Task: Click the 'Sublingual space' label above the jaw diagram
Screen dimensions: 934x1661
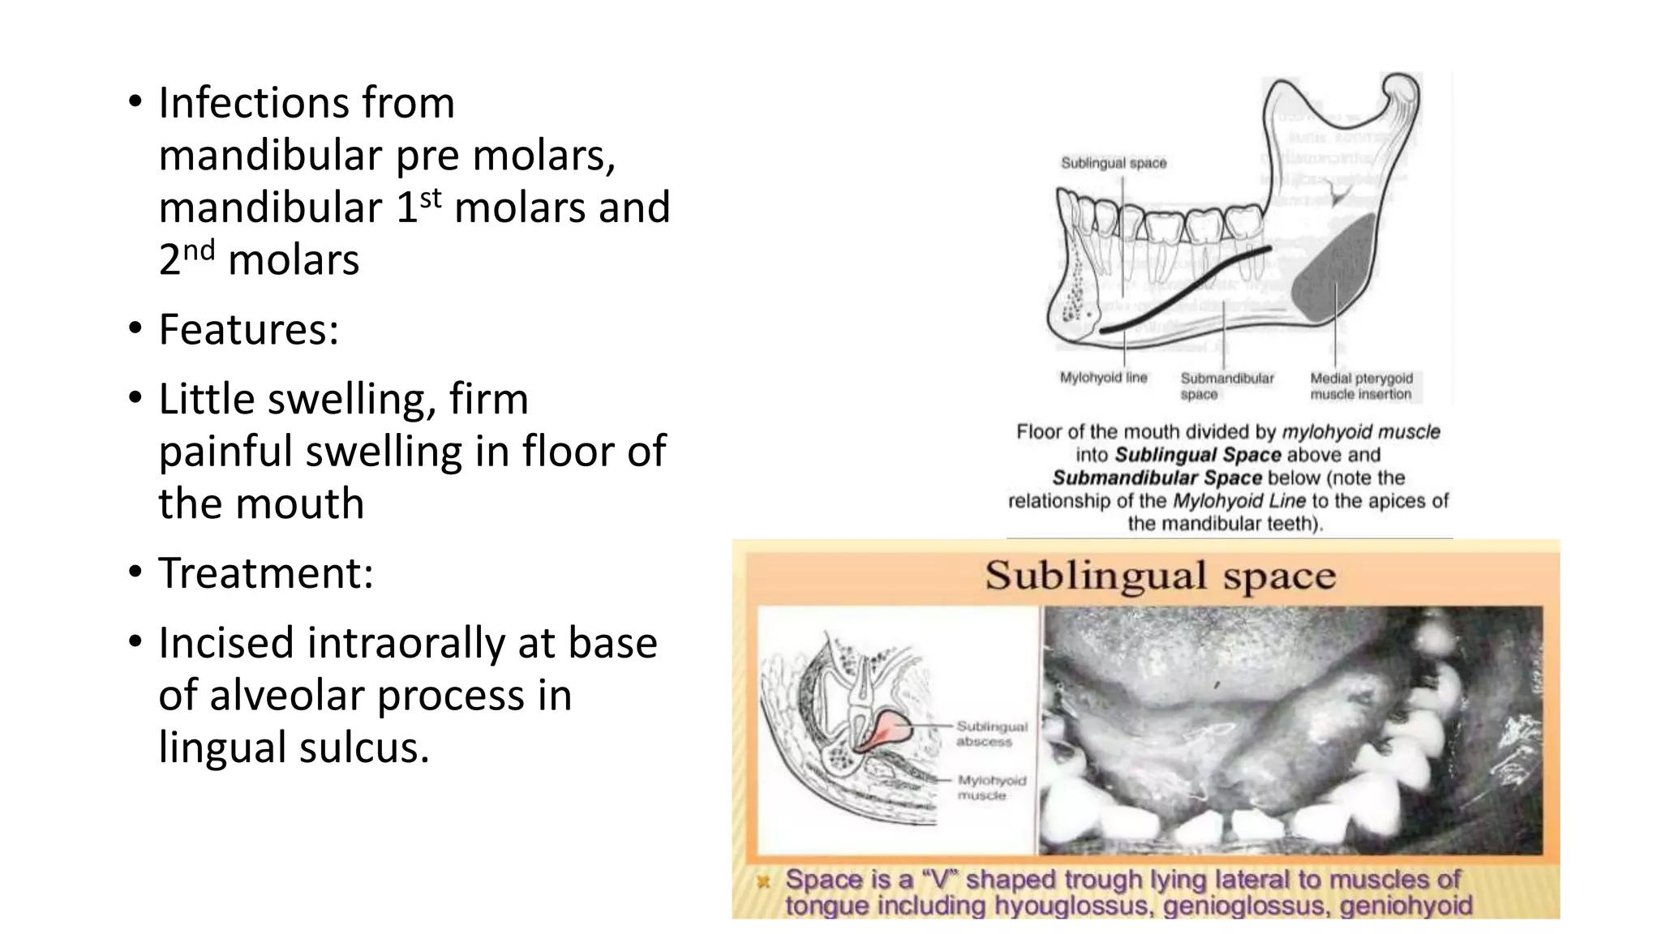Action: [x=1114, y=163]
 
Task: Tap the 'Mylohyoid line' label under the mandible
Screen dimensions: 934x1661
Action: [x=1103, y=378]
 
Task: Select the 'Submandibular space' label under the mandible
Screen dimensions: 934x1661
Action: [x=1226, y=386]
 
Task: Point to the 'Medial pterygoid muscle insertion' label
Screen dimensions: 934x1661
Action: [x=1361, y=386]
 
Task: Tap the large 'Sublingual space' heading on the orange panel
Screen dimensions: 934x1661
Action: [x=1160, y=576]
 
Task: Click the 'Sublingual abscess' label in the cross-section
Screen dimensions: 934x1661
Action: [x=991, y=734]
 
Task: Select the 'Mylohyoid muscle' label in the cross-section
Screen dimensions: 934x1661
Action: [x=991, y=787]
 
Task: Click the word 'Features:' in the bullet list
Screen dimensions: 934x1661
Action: [x=248, y=329]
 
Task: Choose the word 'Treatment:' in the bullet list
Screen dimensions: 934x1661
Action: [x=265, y=573]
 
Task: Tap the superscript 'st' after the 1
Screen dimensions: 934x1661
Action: [x=431, y=197]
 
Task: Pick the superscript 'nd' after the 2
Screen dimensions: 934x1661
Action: [x=199, y=250]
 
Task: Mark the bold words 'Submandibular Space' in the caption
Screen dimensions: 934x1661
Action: [x=1157, y=478]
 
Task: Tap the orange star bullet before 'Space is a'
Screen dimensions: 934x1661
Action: [x=762, y=880]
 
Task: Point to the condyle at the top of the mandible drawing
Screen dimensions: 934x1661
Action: [x=1401, y=88]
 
